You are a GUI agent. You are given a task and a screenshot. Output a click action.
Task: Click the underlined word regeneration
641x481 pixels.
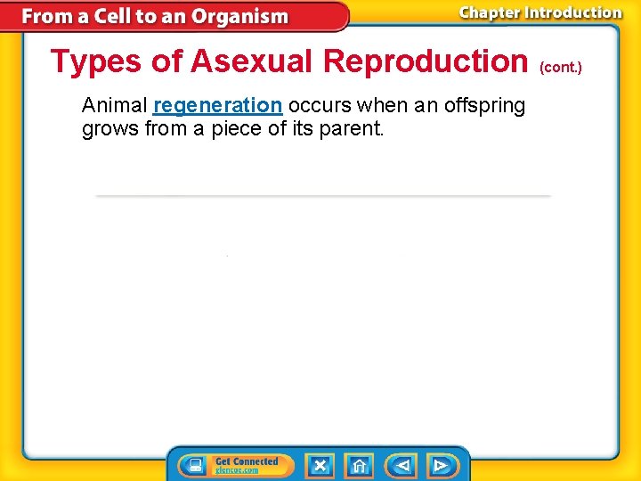pos(217,106)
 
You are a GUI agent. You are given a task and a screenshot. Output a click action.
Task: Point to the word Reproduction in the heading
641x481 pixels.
pos(426,62)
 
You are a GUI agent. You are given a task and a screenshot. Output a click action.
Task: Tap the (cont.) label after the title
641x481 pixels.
pos(561,67)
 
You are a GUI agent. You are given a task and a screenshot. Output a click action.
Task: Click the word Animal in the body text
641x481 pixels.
pos(114,106)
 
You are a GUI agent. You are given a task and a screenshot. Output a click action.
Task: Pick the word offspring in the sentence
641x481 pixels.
pos(485,106)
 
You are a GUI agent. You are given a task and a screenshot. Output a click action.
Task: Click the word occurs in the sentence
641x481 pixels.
pos(317,106)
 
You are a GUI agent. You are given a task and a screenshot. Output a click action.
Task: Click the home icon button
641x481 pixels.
pos(359,465)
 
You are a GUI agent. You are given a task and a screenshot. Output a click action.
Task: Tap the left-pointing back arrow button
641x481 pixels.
pos(401,465)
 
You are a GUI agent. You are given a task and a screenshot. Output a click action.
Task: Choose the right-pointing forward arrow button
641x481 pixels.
pos(440,465)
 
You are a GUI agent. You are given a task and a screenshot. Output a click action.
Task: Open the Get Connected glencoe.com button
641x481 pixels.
pos(246,465)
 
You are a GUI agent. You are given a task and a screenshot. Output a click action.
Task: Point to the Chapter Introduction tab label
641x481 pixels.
pos(540,12)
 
